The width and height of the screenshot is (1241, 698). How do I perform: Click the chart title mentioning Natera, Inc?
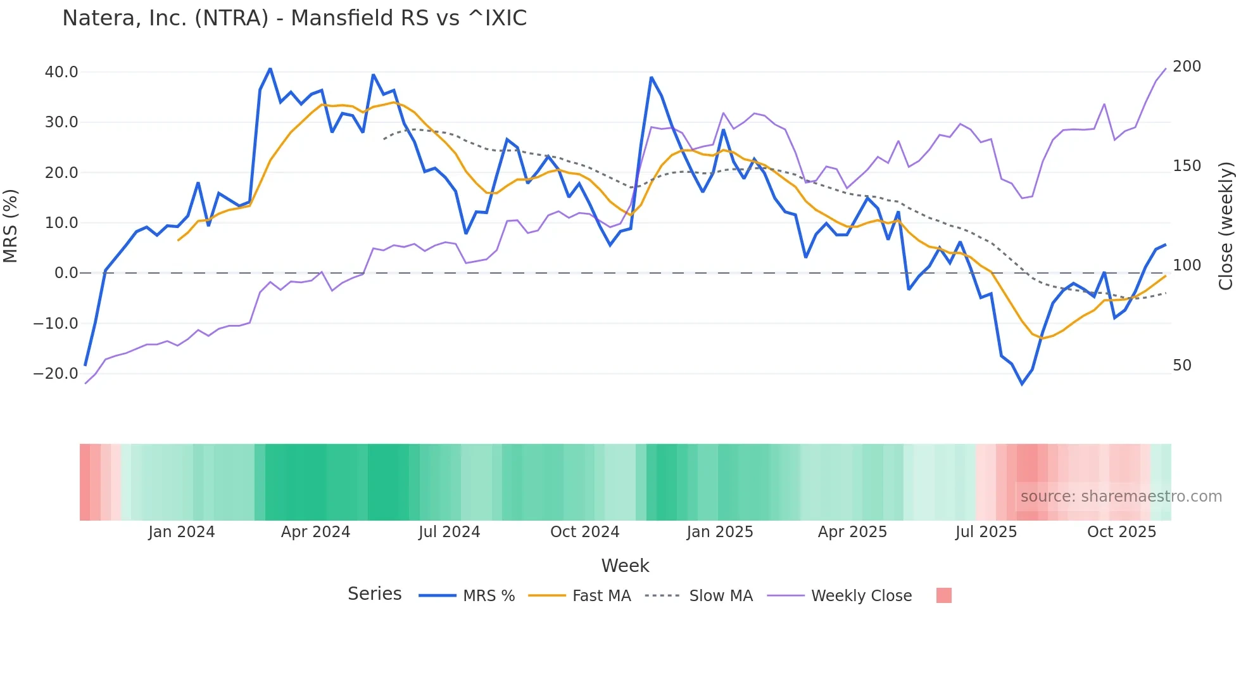(x=294, y=18)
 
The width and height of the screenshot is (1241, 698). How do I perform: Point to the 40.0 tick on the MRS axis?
(x=61, y=72)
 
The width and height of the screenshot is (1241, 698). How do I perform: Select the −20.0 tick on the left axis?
(x=56, y=374)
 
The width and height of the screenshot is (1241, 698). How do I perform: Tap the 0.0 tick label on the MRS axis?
(x=66, y=273)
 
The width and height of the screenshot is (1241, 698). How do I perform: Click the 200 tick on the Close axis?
(x=1187, y=67)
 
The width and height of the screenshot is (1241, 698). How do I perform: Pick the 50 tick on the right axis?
(x=1182, y=365)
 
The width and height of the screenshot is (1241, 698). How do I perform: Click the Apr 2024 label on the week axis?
(x=315, y=532)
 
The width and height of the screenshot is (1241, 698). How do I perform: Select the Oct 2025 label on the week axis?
(x=1121, y=532)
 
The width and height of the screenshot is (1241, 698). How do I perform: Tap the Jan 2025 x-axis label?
(x=720, y=532)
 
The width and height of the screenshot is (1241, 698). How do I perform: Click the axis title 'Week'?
(x=625, y=566)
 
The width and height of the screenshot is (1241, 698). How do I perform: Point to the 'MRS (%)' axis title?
(x=11, y=226)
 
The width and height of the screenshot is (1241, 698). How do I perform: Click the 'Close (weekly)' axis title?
(x=1226, y=226)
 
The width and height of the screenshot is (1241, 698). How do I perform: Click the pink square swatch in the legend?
(x=943, y=595)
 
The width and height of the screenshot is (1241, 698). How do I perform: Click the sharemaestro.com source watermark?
(x=1121, y=497)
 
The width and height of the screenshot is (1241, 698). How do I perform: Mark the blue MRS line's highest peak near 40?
(x=270, y=68)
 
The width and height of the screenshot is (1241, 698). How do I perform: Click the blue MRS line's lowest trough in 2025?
(x=1022, y=384)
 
